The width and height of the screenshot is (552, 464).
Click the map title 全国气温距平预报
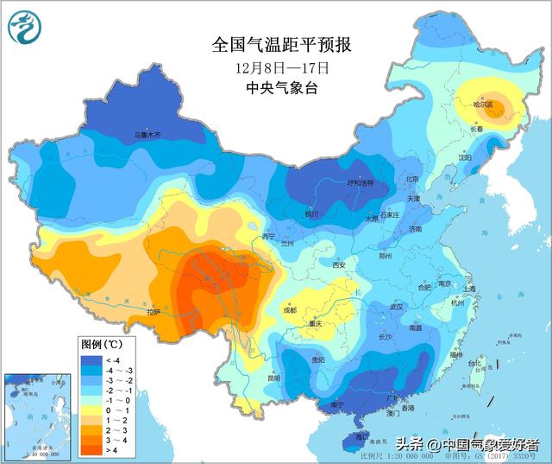click(x=282, y=44)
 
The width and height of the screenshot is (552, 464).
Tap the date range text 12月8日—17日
click(x=282, y=67)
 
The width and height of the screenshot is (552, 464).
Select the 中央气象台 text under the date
click(x=282, y=87)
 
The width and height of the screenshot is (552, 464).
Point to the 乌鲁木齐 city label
click(x=147, y=135)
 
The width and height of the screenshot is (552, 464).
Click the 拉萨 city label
click(x=154, y=312)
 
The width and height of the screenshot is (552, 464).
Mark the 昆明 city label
click(x=273, y=378)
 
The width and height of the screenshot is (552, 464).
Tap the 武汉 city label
click(x=396, y=307)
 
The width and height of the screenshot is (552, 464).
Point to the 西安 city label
click(x=339, y=264)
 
